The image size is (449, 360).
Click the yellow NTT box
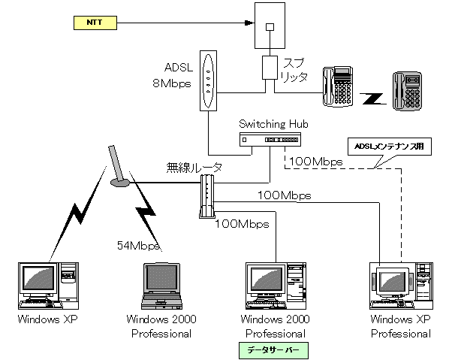95,23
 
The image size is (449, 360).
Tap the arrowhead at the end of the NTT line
249,23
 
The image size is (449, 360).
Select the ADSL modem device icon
208,81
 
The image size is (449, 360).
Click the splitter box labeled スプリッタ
270,68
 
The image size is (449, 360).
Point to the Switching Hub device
270,140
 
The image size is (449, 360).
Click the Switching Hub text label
273,124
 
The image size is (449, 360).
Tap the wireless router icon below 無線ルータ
206,196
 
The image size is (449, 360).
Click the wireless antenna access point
118,167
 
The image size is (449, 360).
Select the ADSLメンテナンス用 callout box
389,147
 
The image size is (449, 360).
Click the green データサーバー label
273,350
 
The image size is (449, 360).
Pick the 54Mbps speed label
138,246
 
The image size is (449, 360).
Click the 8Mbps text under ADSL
172,83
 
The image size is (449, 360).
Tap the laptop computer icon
161,286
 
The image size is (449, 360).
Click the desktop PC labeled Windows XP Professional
401,286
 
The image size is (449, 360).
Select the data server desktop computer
276,286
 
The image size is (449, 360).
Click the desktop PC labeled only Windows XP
48,286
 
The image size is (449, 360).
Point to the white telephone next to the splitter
338,86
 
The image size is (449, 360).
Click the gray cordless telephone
407,91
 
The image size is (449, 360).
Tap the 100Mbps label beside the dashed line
316,162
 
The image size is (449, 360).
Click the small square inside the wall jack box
270,27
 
